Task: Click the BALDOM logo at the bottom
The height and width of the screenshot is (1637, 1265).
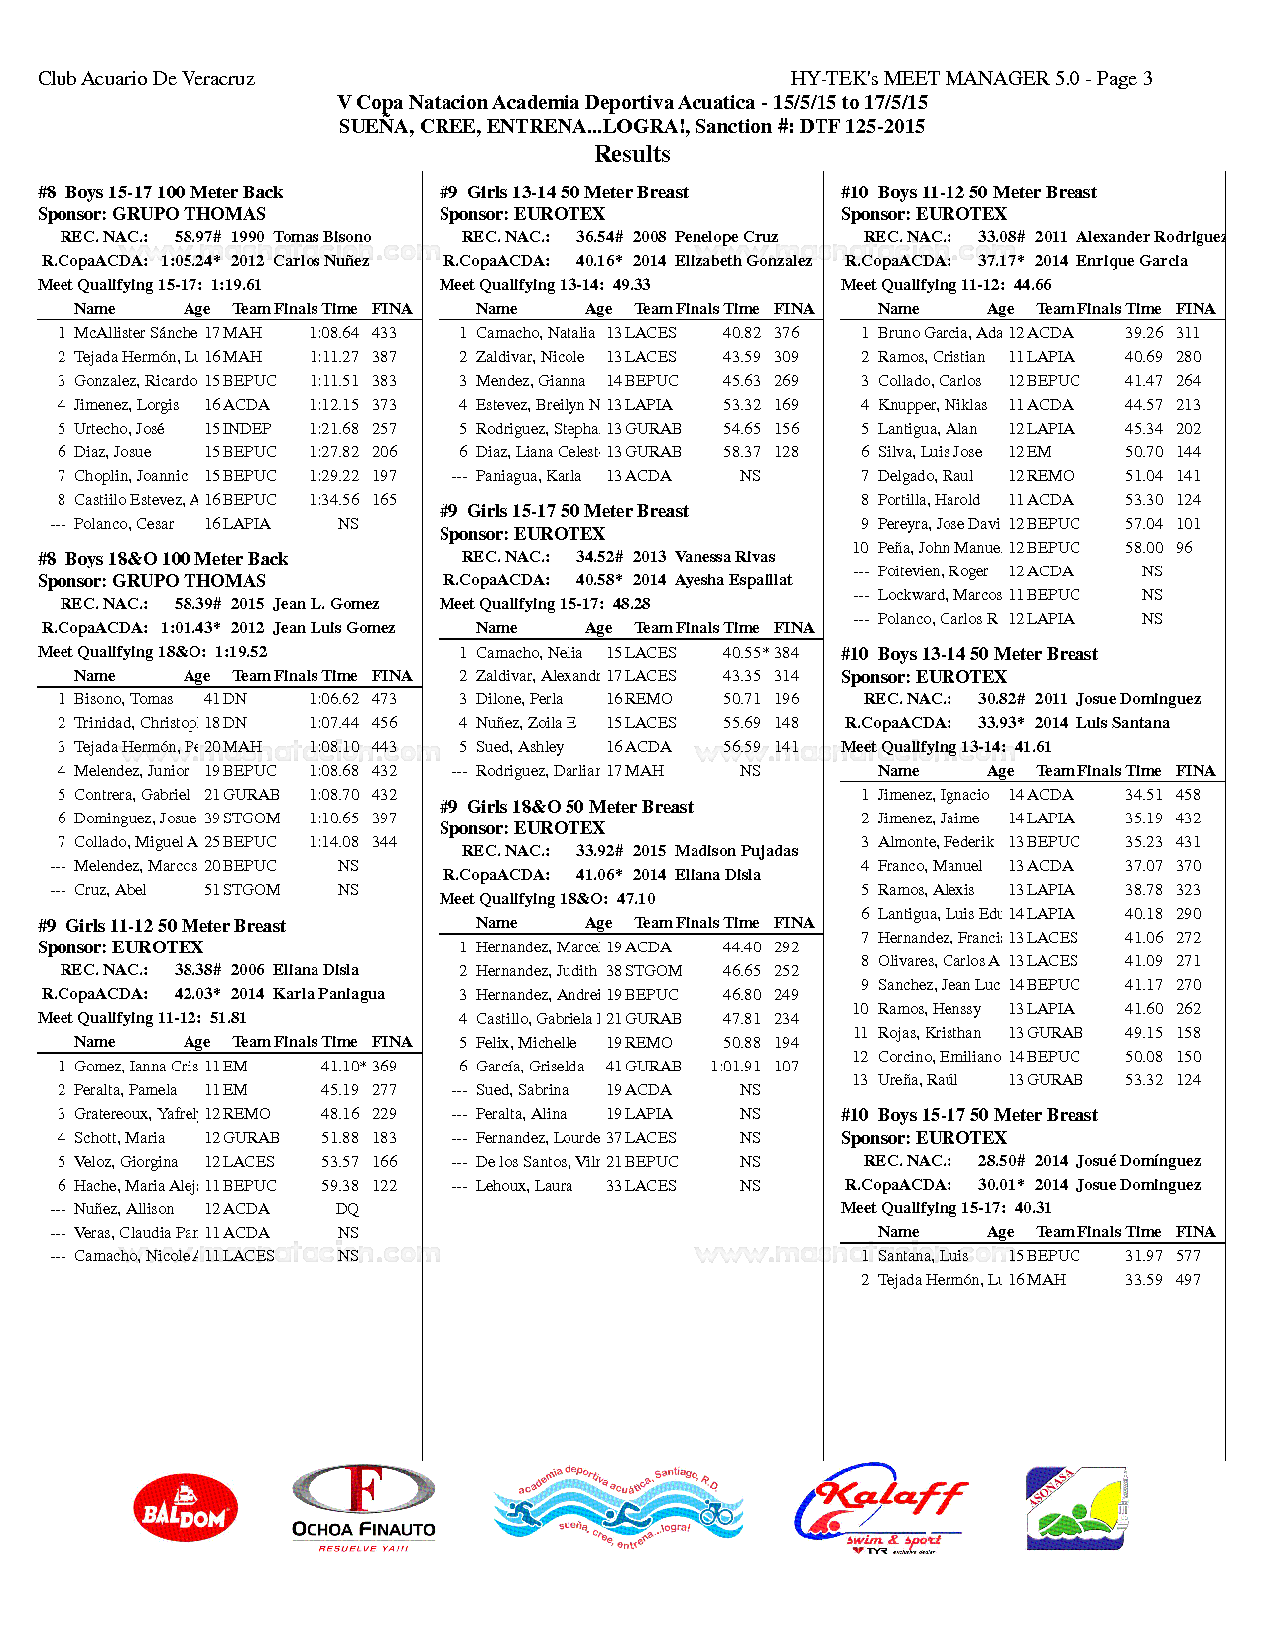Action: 186,1506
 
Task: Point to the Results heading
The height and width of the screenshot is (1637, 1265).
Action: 632,154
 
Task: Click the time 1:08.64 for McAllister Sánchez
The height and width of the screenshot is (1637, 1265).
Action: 333,333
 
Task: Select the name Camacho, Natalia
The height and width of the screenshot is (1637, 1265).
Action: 536,333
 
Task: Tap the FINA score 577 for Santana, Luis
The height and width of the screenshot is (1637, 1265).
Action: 1188,1256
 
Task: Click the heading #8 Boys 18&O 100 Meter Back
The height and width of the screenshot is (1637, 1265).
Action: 163,559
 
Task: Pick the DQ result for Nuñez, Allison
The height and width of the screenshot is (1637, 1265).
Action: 347,1209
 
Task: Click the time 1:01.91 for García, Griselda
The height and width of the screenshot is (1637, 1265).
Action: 735,1067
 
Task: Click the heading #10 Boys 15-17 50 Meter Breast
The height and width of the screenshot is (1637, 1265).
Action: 969,1115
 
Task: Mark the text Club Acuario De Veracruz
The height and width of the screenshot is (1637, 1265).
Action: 147,79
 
